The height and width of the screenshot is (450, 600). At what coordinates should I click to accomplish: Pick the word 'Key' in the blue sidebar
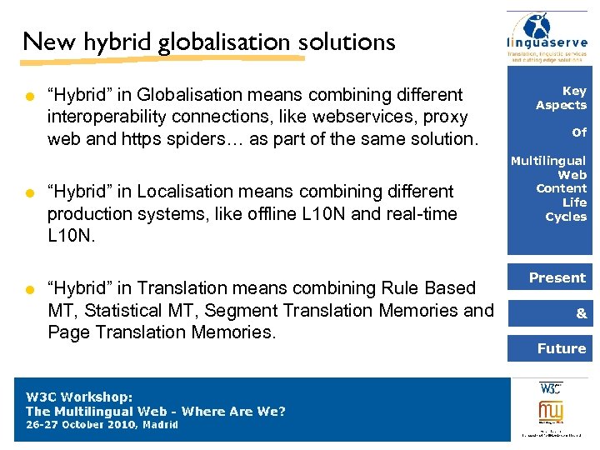point(574,91)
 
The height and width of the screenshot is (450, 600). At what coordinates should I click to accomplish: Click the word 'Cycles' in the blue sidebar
point(566,217)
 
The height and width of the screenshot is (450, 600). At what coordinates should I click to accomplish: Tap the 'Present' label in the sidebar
point(557,277)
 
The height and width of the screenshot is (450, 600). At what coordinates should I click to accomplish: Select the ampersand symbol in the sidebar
point(581,313)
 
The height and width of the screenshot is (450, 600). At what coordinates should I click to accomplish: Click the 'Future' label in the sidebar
point(561,348)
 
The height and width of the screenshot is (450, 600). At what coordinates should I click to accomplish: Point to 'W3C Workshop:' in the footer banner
point(80,397)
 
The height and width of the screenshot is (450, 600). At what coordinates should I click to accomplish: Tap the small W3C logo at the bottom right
point(550,388)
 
